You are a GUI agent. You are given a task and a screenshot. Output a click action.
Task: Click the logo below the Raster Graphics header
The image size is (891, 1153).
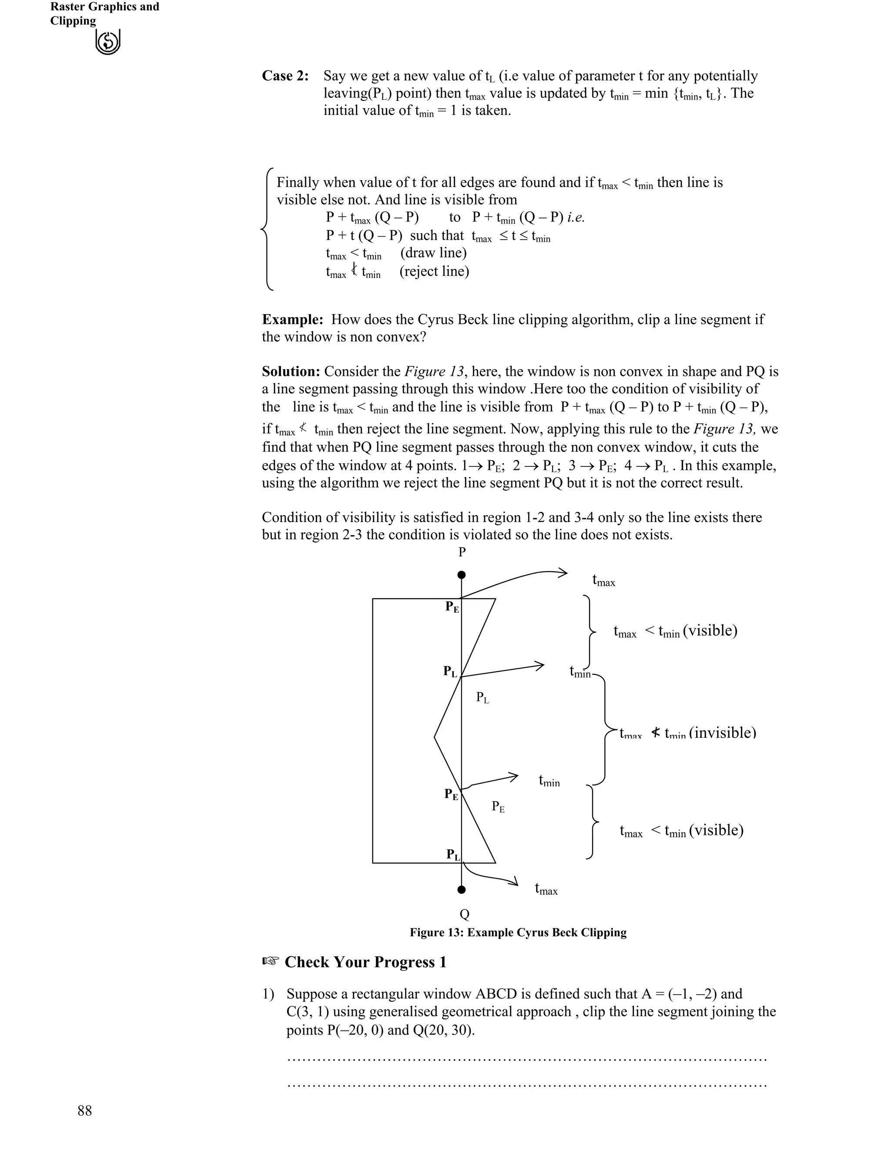pyautogui.click(x=108, y=42)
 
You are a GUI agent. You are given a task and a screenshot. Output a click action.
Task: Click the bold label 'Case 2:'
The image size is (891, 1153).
pyautogui.click(x=285, y=76)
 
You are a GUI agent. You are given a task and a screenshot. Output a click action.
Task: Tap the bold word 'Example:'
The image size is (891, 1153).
pyautogui.click(x=292, y=320)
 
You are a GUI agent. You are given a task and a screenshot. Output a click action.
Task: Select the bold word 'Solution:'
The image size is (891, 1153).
pyautogui.click(x=291, y=372)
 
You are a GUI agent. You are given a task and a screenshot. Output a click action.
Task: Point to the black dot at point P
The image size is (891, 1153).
pyautogui.click(x=461, y=574)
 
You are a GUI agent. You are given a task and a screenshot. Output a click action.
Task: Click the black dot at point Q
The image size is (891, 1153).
pyautogui.click(x=461, y=890)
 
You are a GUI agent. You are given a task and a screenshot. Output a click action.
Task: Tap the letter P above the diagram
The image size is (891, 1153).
pyautogui.click(x=462, y=552)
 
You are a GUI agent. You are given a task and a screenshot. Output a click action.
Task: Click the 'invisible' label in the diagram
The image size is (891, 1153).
pyautogui.click(x=722, y=733)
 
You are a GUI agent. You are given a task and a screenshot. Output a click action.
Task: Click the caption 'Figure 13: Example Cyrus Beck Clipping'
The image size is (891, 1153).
pyautogui.click(x=518, y=932)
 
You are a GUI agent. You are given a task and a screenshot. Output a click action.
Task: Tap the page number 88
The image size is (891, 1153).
pyautogui.click(x=84, y=1111)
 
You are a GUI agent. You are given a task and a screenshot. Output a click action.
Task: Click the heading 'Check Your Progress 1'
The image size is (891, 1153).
pyautogui.click(x=365, y=962)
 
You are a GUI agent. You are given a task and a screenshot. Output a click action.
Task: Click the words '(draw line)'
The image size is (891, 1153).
pyautogui.click(x=433, y=253)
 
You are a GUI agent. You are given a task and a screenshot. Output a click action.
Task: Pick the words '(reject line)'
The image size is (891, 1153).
pyautogui.click(x=434, y=271)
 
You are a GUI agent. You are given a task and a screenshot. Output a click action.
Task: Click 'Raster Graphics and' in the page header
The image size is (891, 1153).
pyautogui.click(x=104, y=7)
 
